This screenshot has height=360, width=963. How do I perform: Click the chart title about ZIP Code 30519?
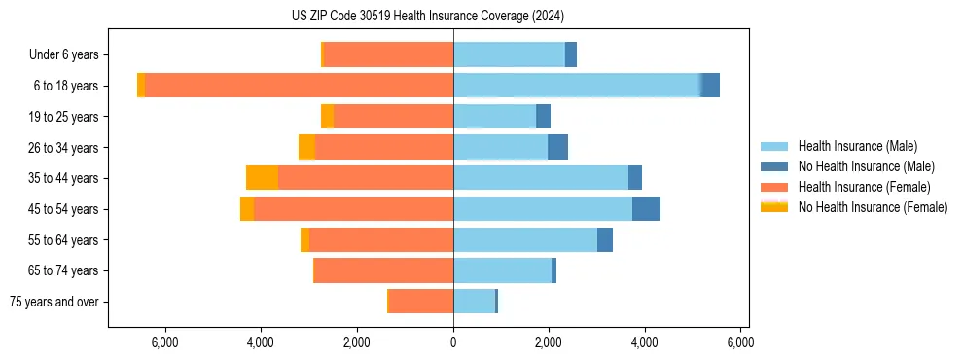pyautogui.click(x=427, y=17)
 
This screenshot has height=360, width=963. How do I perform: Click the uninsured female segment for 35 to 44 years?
pyautogui.click(x=262, y=178)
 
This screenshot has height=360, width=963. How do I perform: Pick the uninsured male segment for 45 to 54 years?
pyautogui.click(x=646, y=209)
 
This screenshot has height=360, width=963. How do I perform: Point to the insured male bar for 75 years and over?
pyautogui.click(x=474, y=302)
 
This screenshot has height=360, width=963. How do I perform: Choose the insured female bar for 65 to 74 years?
pyautogui.click(x=383, y=270)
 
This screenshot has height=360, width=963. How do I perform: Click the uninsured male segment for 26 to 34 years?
pyautogui.click(x=557, y=148)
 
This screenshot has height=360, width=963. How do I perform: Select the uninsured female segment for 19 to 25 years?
pyautogui.click(x=327, y=117)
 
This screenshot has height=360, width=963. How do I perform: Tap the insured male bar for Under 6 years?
pyautogui.click(x=509, y=54)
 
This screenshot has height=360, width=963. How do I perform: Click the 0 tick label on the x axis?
pyautogui.click(x=453, y=342)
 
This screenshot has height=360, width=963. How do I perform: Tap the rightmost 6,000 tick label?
pyautogui.click(x=740, y=342)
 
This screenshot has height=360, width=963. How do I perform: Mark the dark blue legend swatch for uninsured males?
pyautogui.click(x=774, y=166)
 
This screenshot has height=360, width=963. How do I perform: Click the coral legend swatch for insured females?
pyautogui.click(x=774, y=187)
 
